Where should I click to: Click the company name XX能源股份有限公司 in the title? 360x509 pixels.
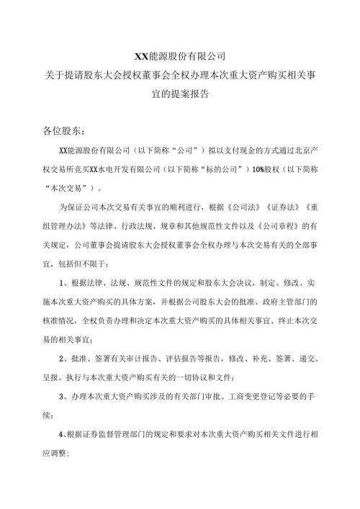[x=180, y=55]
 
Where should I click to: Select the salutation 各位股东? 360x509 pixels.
[x=62, y=132]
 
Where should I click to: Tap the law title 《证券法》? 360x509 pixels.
[x=281, y=208]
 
